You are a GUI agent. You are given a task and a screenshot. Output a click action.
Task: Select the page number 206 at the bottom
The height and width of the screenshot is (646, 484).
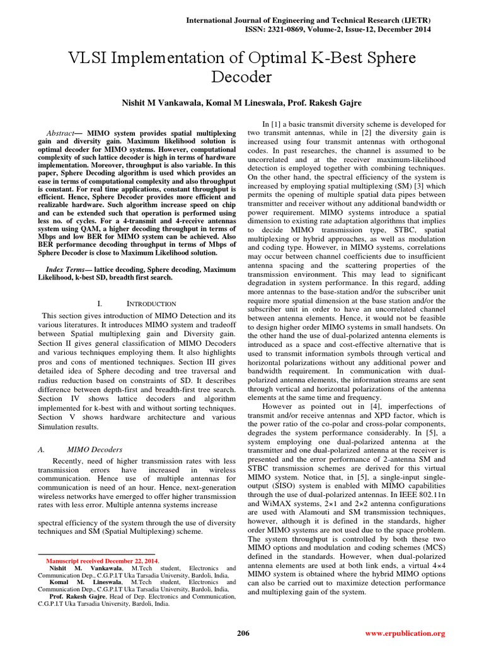[242, 633]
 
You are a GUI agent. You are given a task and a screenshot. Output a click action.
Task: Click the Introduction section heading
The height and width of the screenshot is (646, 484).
[151, 303]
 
